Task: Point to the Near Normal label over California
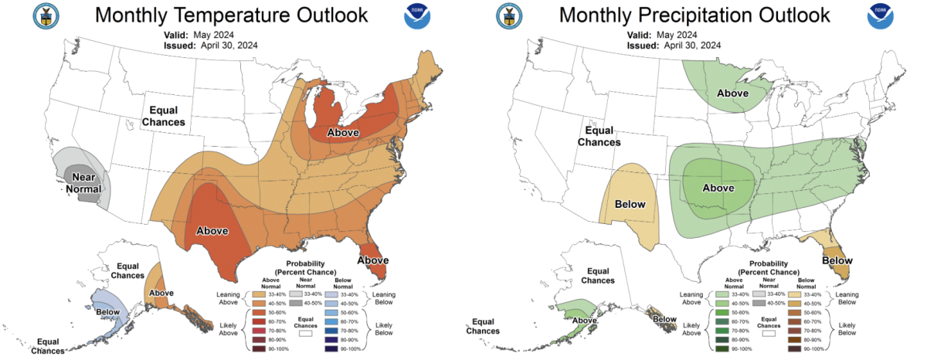coord(78,182)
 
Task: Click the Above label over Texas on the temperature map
coord(213,230)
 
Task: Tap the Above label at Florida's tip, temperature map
coord(372,260)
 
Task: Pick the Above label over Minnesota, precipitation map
coord(732,93)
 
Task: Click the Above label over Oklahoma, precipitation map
coord(718,188)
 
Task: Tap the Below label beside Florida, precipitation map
coord(837,260)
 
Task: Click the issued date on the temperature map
coord(210,46)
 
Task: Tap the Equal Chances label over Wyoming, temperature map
coord(167,116)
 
